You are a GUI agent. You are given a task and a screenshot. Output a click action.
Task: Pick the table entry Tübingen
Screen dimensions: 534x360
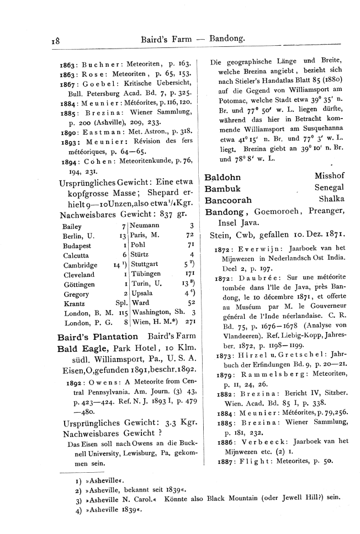click(x=146, y=274)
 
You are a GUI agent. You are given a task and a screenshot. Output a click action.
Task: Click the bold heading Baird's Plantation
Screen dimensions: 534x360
click(x=98, y=337)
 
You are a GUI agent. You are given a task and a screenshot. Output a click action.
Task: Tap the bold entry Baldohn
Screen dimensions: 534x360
click(x=223, y=178)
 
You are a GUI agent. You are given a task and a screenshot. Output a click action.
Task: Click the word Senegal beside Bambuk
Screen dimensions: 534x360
click(x=329, y=189)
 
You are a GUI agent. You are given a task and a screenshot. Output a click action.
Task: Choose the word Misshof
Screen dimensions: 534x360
click(x=330, y=178)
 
